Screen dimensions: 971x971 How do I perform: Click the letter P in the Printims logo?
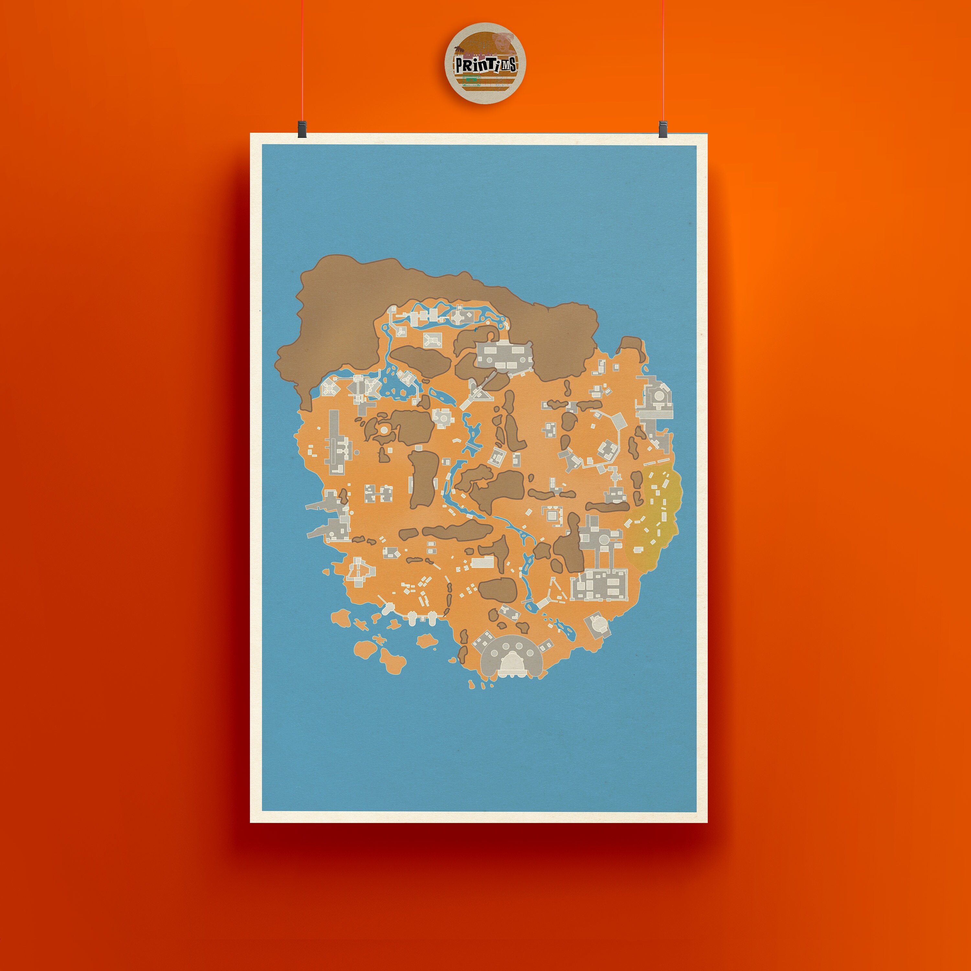point(459,66)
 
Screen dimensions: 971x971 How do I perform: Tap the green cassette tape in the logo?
point(470,79)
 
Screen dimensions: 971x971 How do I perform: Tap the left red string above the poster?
point(302,60)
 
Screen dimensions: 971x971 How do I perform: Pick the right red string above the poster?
point(663,60)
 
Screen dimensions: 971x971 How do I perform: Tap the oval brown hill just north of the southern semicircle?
point(497,589)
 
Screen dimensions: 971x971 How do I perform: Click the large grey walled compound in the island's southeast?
point(599,585)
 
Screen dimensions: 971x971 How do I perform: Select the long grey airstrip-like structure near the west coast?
point(335,442)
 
